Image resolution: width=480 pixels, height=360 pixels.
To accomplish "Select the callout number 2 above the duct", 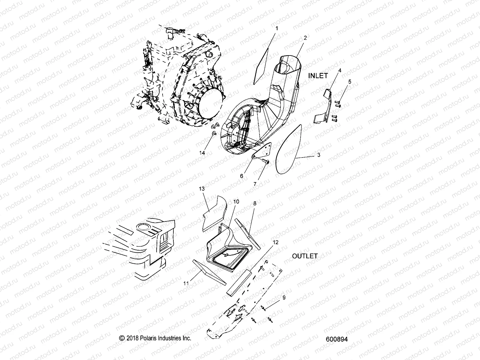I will click(305, 38).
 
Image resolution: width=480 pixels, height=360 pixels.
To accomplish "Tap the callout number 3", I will click(319, 155).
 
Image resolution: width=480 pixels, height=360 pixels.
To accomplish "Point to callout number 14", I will click(202, 153).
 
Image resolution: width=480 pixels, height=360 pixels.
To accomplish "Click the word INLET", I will click(318, 76).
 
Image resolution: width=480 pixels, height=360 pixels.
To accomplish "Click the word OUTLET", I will click(305, 256).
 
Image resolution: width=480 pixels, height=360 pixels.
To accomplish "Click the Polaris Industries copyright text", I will click(155, 338).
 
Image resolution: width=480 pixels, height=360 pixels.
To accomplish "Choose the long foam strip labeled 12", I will click(238, 282).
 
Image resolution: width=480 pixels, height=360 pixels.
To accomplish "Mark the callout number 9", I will click(283, 298).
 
